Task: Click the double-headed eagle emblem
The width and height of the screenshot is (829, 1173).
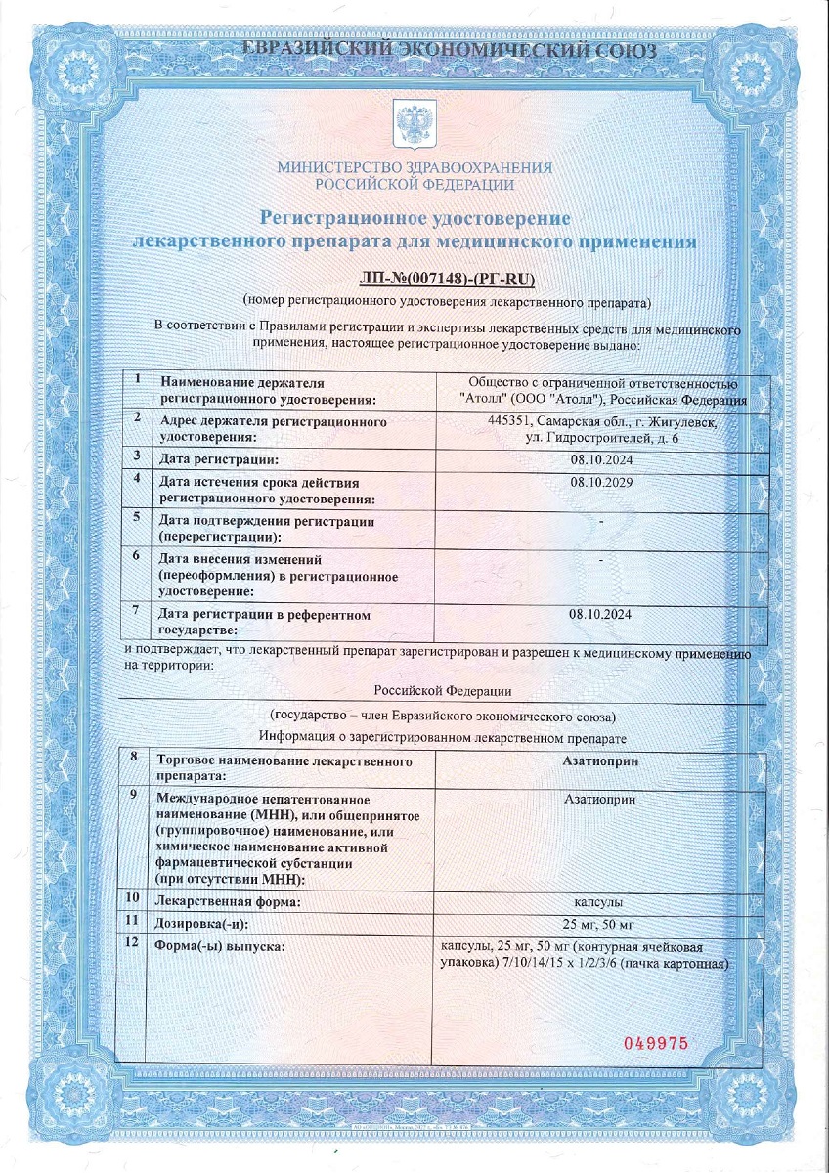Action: coord(414,123)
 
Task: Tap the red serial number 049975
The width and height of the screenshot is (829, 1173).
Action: coord(656,1043)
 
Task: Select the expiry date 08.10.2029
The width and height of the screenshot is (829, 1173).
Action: coord(599,483)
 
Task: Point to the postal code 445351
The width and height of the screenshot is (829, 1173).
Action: coord(508,421)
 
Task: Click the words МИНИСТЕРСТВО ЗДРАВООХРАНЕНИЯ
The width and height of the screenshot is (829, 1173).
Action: coord(414,167)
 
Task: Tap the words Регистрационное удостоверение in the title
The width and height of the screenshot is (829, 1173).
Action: coord(414,216)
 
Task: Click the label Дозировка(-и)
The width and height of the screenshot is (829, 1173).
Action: coord(203,923)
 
